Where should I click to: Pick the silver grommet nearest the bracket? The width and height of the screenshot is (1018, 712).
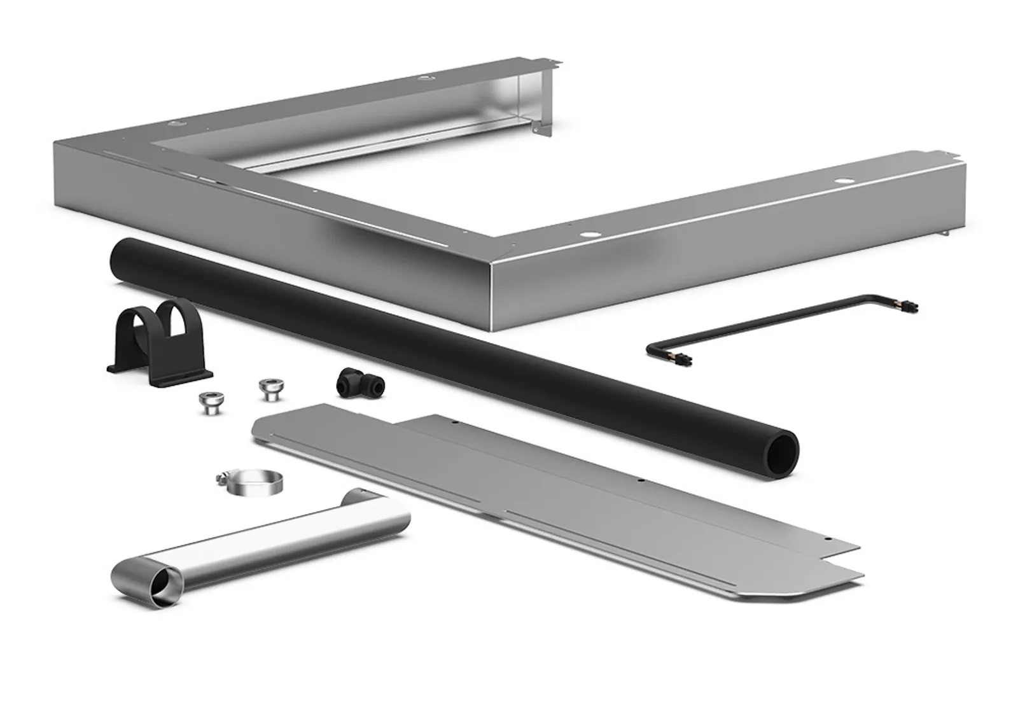[208, 403]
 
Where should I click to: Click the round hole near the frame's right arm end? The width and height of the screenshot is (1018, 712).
[842, 183]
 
